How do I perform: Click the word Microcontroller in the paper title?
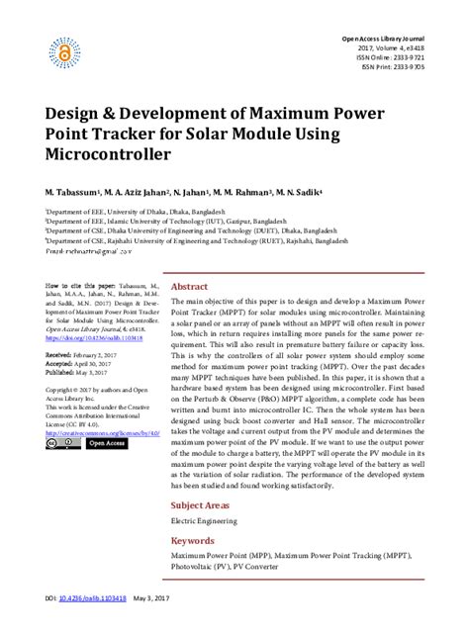tap(108, 156)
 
